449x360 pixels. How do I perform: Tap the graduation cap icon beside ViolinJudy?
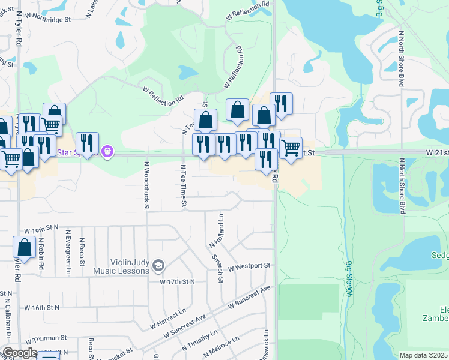158,265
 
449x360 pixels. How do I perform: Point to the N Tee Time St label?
184,187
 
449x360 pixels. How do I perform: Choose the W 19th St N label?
42,230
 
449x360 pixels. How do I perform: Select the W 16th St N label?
42,308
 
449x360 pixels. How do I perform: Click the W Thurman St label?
46,339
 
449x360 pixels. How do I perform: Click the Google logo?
20,353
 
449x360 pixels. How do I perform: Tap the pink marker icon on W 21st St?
107,151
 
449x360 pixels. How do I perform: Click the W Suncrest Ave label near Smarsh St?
249,298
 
